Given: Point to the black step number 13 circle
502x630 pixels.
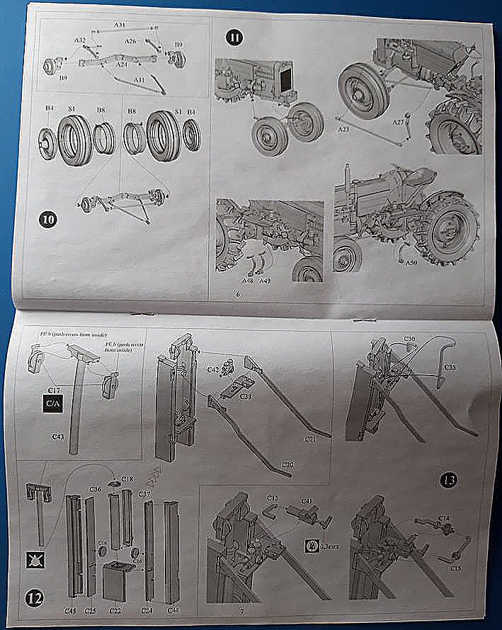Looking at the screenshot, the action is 448,480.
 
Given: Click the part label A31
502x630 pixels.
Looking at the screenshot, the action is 120,25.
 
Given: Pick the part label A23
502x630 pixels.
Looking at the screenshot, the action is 344,130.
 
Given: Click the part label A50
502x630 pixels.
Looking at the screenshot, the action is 412,263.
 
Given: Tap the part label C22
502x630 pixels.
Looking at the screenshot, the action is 115,610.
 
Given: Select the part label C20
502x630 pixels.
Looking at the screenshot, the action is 288,464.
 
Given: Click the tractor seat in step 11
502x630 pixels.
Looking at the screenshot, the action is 419,174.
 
